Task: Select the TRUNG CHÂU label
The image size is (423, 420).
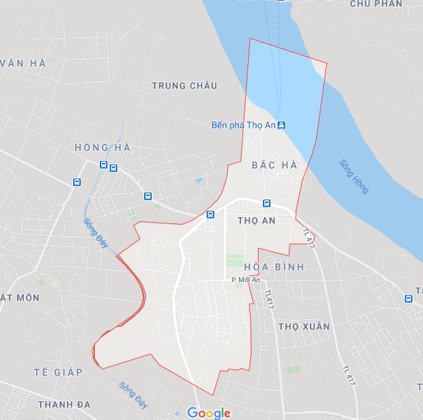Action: (184, 86)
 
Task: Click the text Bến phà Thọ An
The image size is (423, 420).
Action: (242, 126)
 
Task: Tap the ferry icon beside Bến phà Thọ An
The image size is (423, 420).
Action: (281, 126)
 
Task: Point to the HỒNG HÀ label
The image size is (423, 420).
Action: (102, 147)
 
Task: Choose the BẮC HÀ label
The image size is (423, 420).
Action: (274, 165)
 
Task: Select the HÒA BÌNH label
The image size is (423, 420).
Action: (274, 268)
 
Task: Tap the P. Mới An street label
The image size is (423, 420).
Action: (245, 280)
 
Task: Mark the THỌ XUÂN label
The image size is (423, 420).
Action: (304, 327)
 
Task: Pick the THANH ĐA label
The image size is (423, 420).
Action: (65, 405)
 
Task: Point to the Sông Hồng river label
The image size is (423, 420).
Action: (353, 176)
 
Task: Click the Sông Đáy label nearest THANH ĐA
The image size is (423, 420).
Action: (133, 395)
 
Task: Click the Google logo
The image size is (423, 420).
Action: (209, 413)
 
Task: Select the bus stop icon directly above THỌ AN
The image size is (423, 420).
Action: (266, 204)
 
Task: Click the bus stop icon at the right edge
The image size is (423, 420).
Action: (408, 298)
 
